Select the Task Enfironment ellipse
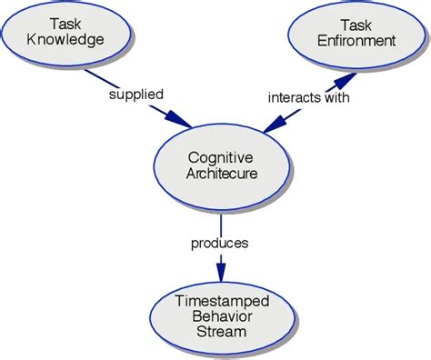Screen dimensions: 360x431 click(x=356, y=34)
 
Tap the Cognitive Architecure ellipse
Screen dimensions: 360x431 click(x=221, y=165)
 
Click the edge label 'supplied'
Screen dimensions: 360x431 click(x=135, y=93)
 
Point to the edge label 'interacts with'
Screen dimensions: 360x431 click(x=306, y=95)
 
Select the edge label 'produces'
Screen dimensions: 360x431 click(x=220, y=243)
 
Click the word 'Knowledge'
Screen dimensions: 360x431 click(x=65, y=41)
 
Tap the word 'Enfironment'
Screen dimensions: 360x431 click(x=356, y=41)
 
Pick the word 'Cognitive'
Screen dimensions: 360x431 click(x=221, y=158)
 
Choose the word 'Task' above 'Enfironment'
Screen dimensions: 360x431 click(x=356, y=25)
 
